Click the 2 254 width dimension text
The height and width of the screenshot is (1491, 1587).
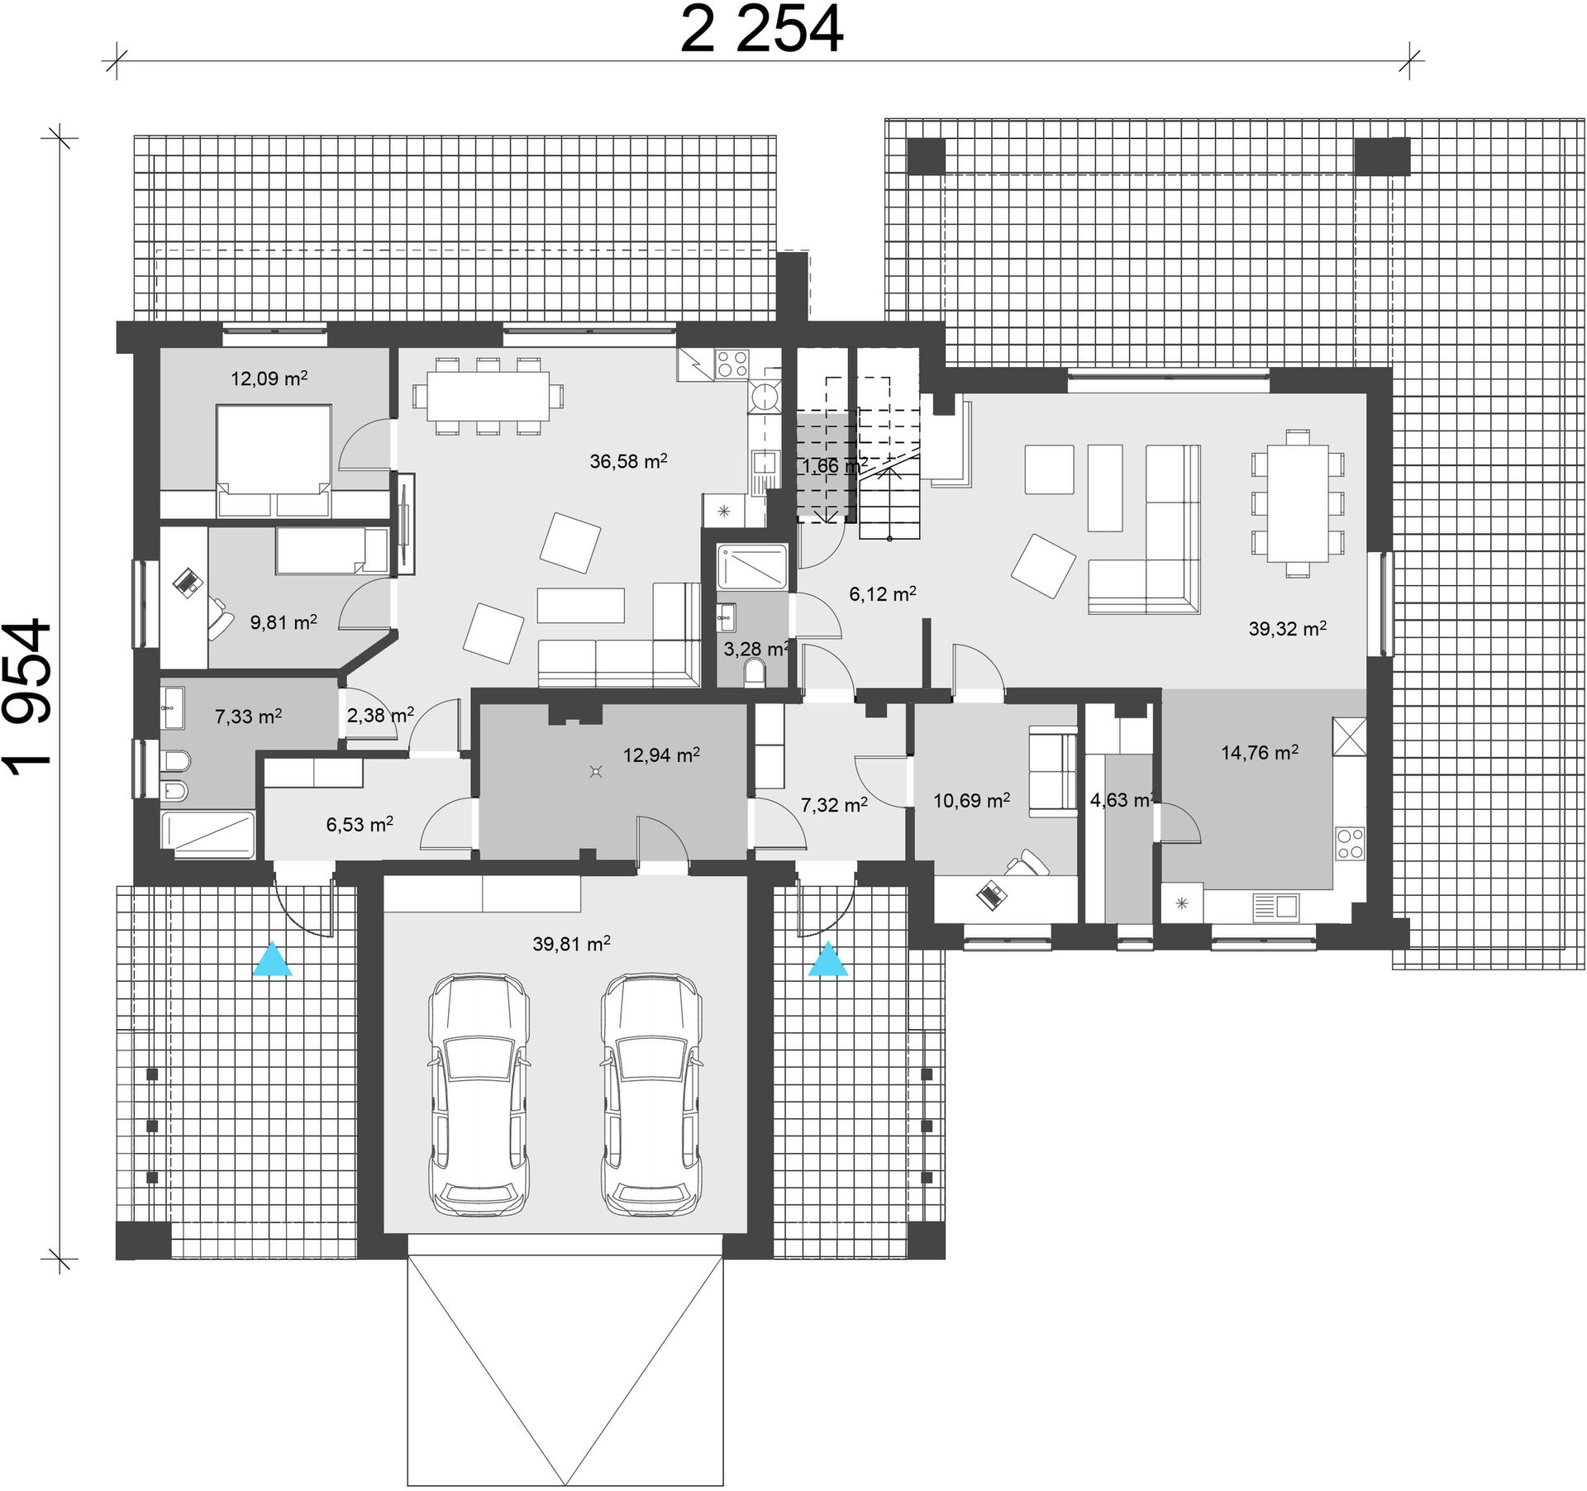(x=761, y=31)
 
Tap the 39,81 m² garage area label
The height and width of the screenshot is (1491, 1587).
(x=571, y=943)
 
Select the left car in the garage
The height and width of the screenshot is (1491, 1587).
(x=479, y=1094)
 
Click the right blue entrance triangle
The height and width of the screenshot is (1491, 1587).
(x=827, y=960)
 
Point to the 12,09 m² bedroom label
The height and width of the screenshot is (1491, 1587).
(x=269, y=379)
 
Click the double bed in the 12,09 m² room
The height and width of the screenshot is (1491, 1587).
(x=274, y=460)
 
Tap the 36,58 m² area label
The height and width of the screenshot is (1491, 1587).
(x=628, y=461)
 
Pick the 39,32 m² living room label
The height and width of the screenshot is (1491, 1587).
(x=1288, y=629)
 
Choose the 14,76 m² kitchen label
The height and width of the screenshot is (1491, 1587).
(x=1260, y=752)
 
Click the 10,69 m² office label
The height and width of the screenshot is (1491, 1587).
(x=971, y=800)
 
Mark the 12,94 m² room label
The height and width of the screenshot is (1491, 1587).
(x=661, y=755)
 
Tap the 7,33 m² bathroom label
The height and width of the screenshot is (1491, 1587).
(x=248, y=717)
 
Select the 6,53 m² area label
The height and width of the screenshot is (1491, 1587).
(x=359, y=824)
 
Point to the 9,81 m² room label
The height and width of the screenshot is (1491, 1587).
(x=284, y=622)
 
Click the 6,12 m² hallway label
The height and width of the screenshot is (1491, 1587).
(x=883, y=593)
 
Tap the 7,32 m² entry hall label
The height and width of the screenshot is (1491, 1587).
(x=834, y=804)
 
